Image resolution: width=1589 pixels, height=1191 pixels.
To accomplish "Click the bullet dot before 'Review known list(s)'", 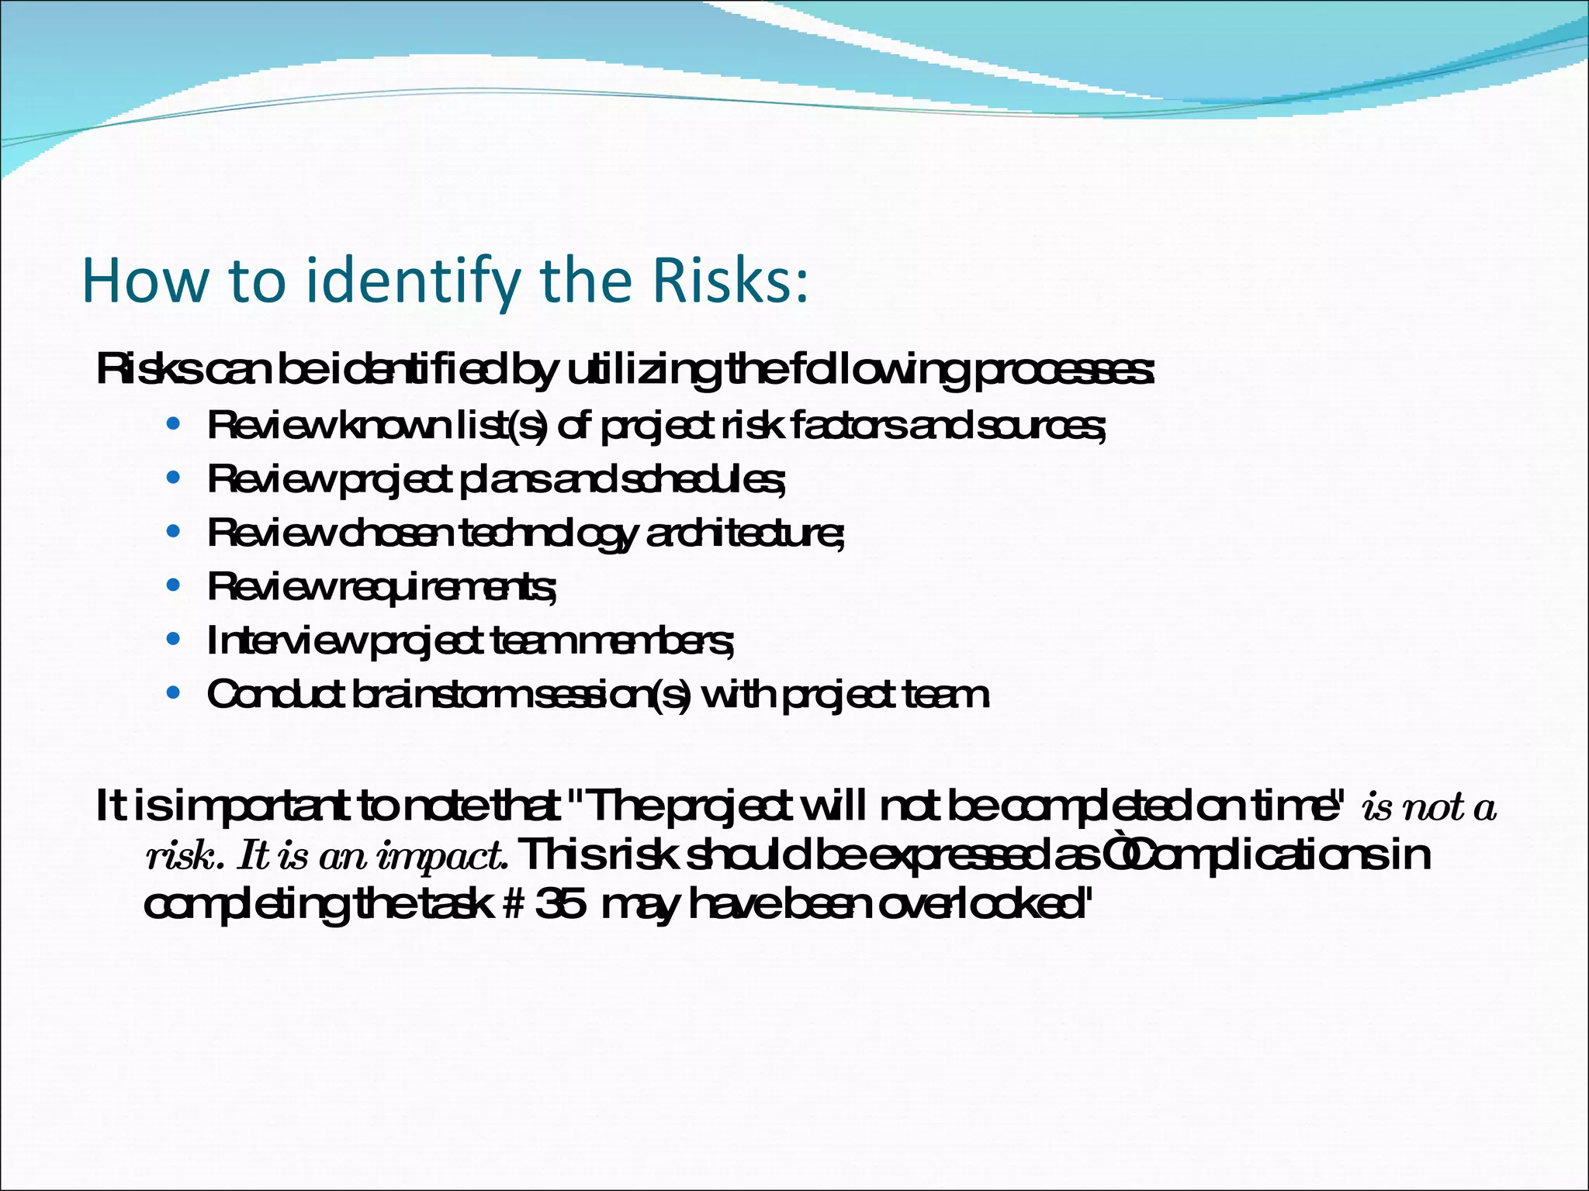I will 174,424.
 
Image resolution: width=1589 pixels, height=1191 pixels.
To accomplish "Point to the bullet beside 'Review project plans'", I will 174,478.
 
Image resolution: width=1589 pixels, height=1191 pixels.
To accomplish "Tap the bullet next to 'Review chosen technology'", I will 174,532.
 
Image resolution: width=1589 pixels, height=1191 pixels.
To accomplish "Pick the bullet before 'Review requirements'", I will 174,585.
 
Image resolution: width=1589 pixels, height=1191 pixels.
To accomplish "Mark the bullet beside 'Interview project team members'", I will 174,640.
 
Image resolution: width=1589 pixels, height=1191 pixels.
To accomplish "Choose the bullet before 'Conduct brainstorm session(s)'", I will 174,693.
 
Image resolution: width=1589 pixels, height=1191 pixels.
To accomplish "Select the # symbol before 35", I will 515,904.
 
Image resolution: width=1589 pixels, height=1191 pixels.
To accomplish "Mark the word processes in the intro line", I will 1063,371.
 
